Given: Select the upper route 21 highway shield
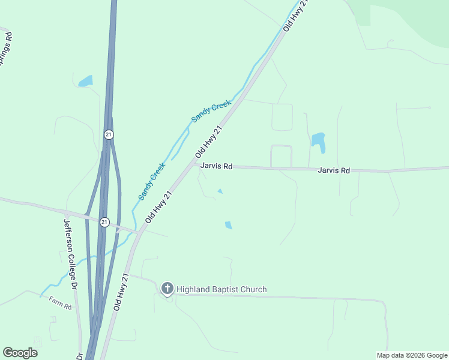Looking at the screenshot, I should (108, 134).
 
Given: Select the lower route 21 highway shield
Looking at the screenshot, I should (104, 222).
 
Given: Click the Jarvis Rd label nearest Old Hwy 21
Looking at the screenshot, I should (216, 166).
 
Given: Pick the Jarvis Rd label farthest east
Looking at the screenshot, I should (334, 170).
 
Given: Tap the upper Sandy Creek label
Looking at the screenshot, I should (211, 112).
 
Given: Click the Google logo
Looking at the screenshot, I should (20, 352).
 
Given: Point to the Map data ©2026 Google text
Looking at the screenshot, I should (412, 355).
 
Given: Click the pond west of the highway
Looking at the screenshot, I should (85, 80).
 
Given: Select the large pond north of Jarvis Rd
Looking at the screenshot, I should (318, 142).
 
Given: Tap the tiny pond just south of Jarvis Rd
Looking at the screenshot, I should (220, 191).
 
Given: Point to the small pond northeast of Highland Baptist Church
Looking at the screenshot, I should (228, 225).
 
